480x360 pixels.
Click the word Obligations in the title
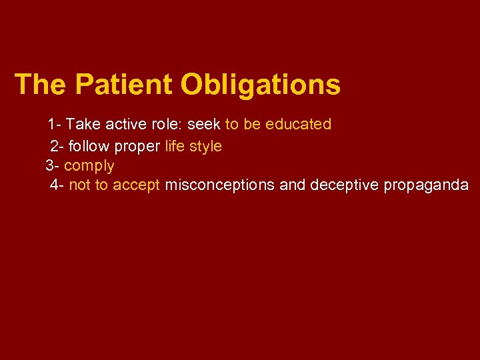pos(260,85)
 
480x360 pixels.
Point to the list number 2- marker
pos(57,145)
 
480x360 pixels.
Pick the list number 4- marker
pos(57,185)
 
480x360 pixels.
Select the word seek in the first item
pos(205,125)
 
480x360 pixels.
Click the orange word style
pos(205,146)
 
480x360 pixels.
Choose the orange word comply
pos(89,166)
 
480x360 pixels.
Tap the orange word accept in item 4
pos(137,185)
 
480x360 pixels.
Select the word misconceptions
pos(219,185)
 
